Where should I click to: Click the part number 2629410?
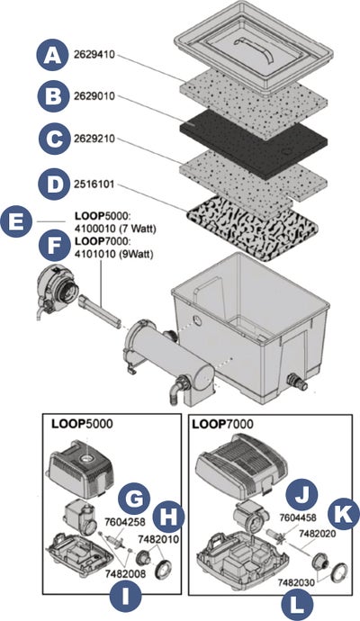point(94,55)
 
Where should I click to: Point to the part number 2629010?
point(94,96)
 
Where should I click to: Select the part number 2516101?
point(94,184)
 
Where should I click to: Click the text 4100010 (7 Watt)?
point(115,229)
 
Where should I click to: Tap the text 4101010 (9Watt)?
point(113,254)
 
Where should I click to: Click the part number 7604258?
point(123,522)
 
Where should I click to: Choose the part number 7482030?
point(297,582)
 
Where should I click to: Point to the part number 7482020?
point(317,534)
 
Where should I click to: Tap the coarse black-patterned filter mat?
point(253,229)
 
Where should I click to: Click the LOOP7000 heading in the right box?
point(222,424)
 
